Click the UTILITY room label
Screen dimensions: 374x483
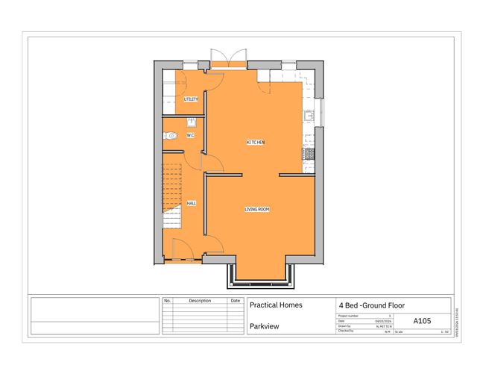click(x=191, y=99)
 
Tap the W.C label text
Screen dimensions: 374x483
click(x=190, y=135)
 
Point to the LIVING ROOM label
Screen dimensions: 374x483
click(x=256, y=209)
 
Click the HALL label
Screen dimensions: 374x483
click(x=191, y=202)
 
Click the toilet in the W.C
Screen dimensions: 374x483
click(x=171, y=136)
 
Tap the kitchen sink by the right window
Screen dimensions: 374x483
click(x=308, y=116)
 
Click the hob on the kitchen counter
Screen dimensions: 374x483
click(x=307, y=154)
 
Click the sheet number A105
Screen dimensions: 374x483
click(x=422, y=320)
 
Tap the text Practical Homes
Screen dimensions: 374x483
click(x=275, y=305)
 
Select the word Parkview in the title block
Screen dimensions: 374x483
click(x=265, y=326)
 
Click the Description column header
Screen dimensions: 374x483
click(x=200, y=301)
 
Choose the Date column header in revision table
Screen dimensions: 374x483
click(x=236, y=301)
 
